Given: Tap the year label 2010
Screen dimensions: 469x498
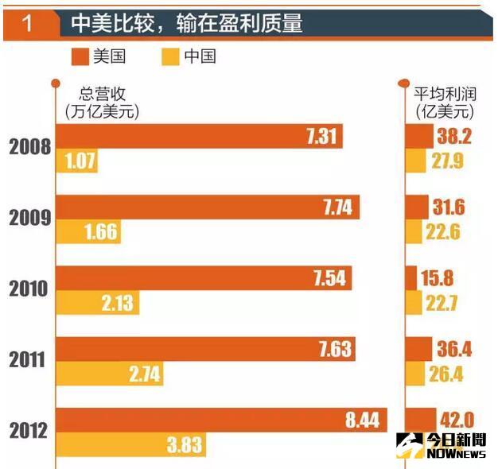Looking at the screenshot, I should [30, 289].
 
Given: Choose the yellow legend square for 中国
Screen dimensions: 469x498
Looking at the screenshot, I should [169, 56].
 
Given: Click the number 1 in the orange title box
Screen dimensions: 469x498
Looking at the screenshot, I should [28, 23].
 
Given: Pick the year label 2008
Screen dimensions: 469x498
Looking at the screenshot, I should [30, 148].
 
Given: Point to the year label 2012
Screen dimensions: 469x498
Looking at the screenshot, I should [30, 431].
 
